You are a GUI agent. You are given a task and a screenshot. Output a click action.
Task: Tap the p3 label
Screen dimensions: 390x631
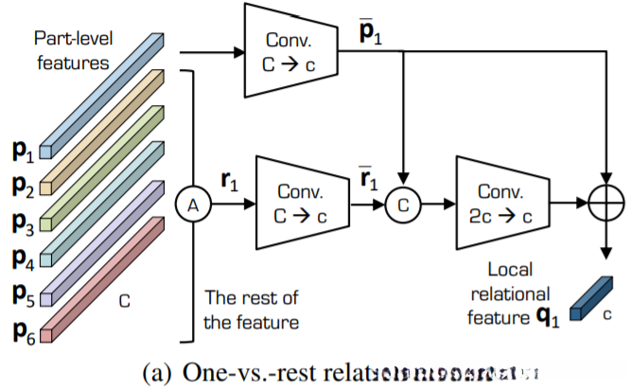tap(24, 223)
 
